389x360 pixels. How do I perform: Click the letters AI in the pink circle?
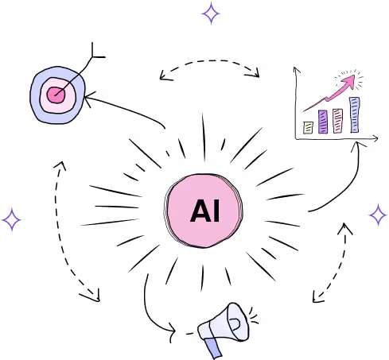205,211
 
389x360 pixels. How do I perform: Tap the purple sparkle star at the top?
211,14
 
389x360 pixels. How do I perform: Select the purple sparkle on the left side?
12,219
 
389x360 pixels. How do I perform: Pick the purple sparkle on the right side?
378,215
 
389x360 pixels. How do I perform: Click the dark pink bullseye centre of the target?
56,95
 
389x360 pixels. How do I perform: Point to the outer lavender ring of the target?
36,105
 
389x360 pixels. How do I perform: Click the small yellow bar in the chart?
308,128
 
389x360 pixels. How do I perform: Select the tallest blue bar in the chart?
355,114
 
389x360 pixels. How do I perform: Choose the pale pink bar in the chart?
337,121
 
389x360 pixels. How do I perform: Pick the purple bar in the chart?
323,122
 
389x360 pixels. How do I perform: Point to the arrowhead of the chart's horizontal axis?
375,138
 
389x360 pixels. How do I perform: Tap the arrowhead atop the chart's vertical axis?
296,70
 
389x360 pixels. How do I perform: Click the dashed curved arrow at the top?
209,61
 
